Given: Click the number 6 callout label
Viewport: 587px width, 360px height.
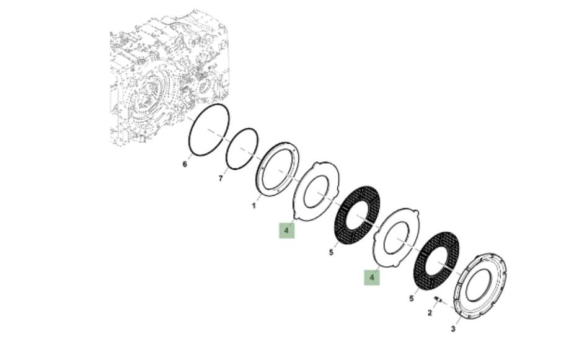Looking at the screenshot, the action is coord(184,164).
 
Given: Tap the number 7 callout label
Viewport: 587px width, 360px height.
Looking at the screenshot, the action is coord(221,178).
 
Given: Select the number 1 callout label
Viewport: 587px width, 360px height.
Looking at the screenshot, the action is coord(254,206).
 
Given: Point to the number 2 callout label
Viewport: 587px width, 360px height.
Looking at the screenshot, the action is coord(430,313).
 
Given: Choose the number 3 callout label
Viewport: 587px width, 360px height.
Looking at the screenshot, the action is coord(453,329).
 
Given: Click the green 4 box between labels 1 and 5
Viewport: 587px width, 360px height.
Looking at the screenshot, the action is coord(287,230).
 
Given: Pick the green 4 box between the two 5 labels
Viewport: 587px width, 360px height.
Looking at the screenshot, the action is coord(372,278).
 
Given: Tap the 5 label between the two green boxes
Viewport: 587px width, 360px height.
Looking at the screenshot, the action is coord(331,253).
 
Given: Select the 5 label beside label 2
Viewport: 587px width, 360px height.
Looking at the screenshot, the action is coord(412,299).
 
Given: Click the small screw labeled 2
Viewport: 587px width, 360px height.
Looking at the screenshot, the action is coord(438,299).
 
